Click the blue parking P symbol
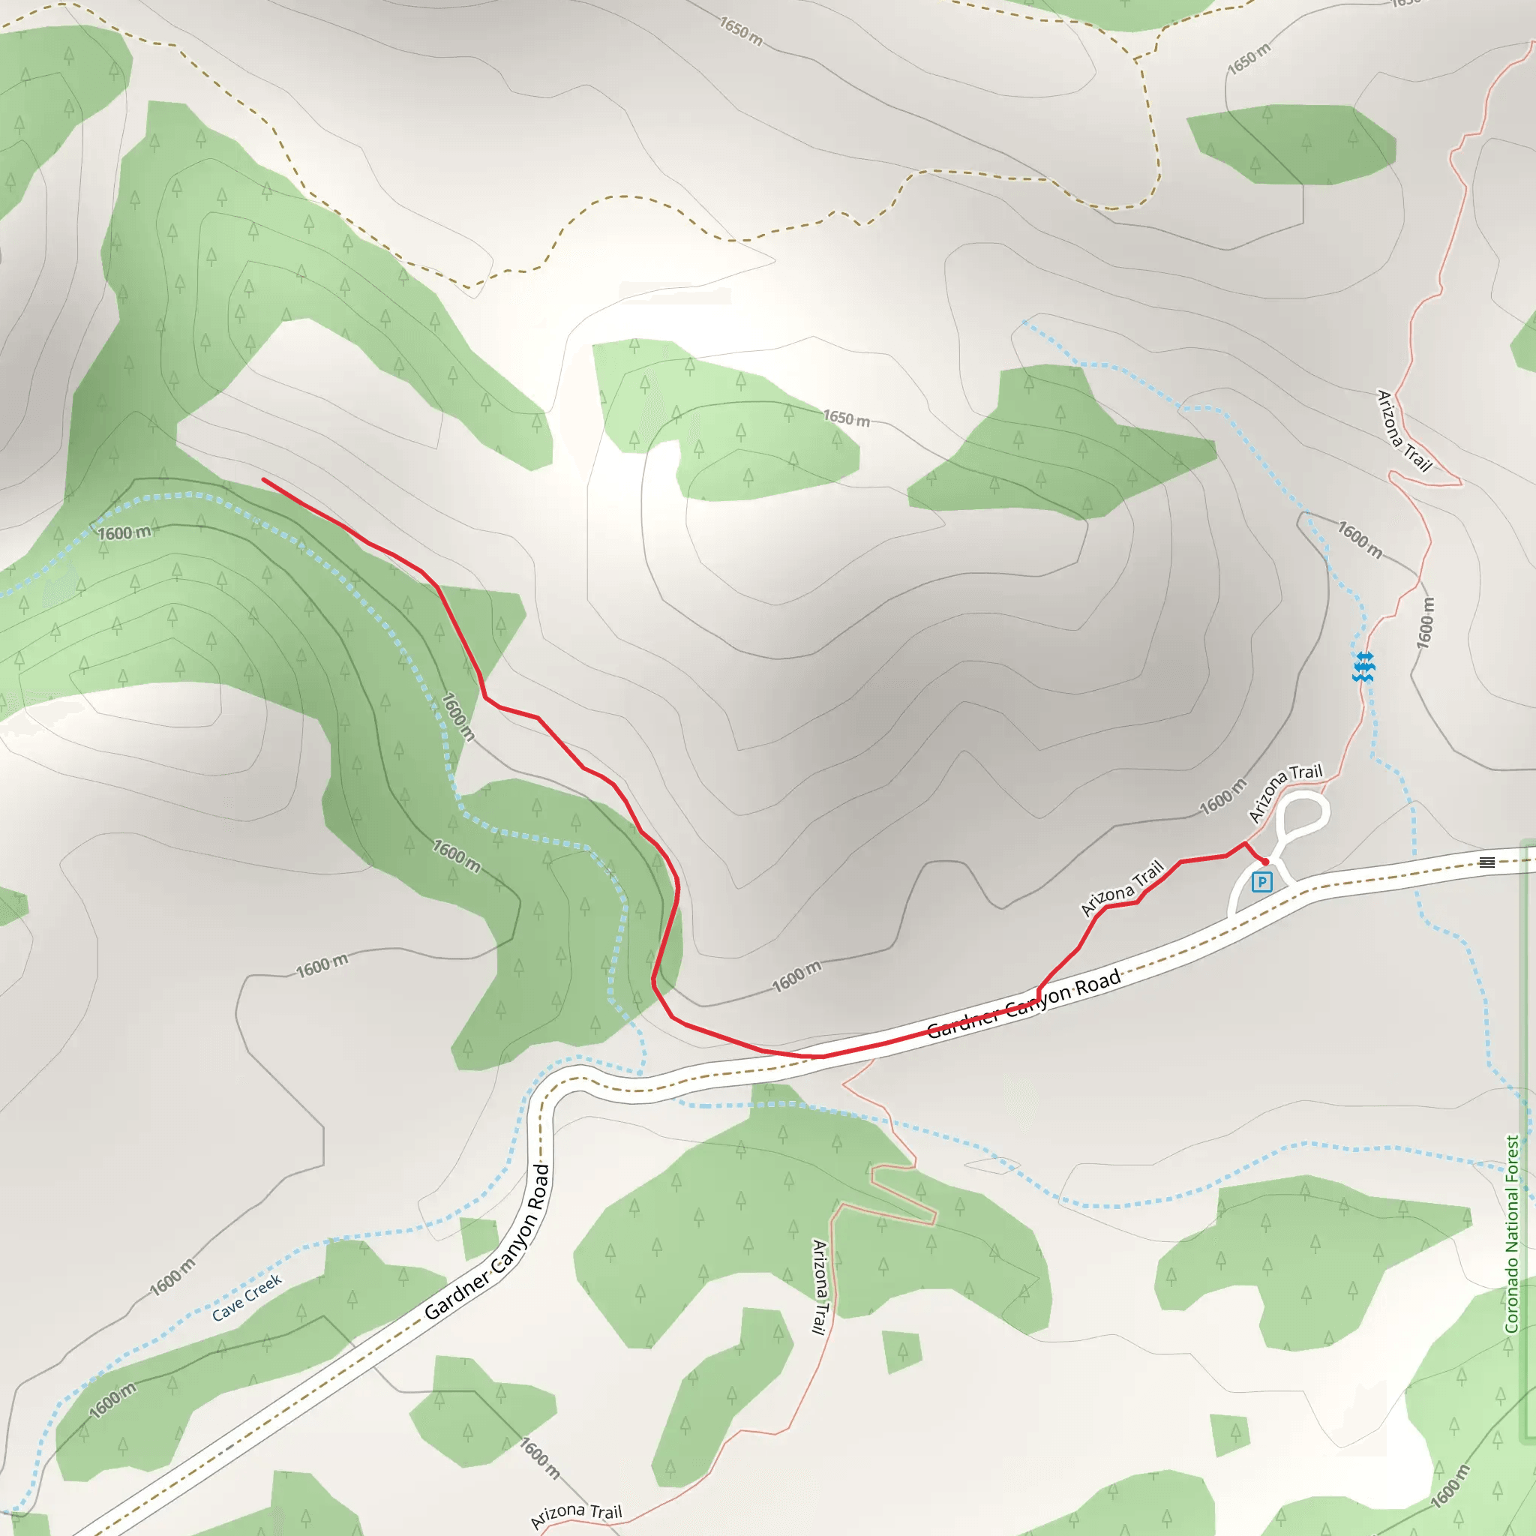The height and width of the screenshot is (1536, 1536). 1261,881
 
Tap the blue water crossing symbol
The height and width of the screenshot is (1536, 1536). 1363,666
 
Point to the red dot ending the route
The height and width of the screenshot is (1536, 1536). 1265,862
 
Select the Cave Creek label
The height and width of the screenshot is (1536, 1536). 247,1297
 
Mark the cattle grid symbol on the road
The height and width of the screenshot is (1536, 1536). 1487,862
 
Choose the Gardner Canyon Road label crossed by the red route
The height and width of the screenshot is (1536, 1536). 1024,1003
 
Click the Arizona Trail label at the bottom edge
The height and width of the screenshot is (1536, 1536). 577,1514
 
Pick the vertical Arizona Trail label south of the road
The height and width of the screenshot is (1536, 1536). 820,1285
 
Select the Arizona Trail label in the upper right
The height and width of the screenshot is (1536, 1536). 1403,430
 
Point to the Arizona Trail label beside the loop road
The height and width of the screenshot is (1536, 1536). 1285,793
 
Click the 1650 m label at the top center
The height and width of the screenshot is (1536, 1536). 740,31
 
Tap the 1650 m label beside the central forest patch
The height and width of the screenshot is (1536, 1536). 846,418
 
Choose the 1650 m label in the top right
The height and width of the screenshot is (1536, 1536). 1248,58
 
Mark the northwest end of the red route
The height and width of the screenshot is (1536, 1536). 263,479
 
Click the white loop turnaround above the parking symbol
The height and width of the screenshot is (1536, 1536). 1303,812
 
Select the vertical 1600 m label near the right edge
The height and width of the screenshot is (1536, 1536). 1426,622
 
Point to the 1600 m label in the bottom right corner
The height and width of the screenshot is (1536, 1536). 1450,1486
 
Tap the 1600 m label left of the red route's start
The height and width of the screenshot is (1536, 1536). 124,532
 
